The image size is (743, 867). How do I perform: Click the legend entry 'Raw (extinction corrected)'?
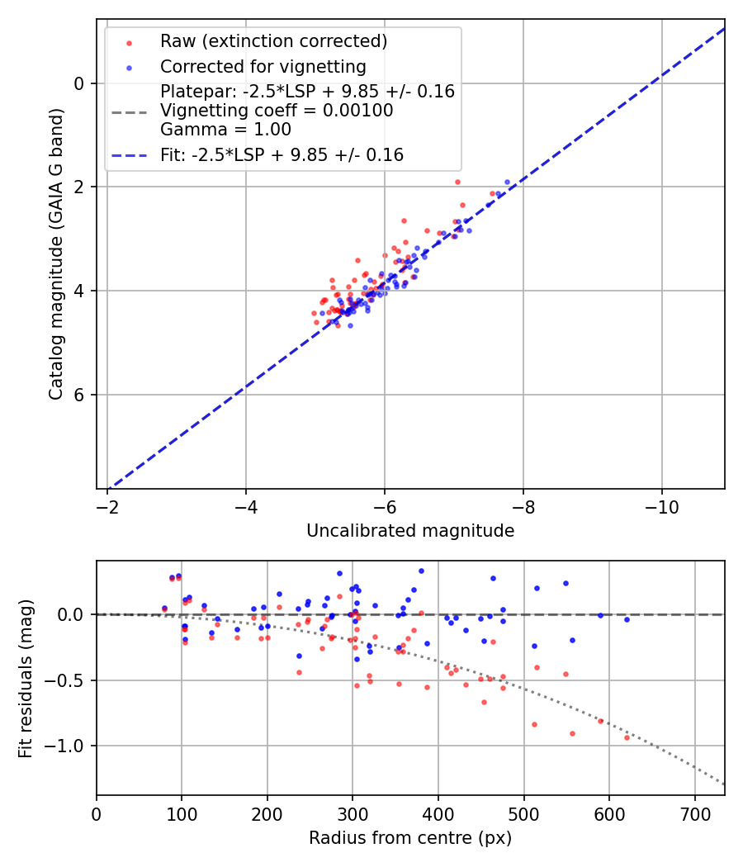point(273,41)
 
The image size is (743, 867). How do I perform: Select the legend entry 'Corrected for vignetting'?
point(263,67)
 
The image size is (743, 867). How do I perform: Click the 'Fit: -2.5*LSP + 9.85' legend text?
point(282,155)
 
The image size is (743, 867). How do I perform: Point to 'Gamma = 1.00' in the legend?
point(225,130)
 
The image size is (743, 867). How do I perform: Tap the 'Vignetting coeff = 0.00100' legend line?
point(277,111)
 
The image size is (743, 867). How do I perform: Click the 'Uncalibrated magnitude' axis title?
point(410,531)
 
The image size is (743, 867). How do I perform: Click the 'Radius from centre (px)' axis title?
point(410,838)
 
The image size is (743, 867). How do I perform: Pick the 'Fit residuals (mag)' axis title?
point(26,678)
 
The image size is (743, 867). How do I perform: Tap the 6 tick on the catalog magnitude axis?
point(79,395)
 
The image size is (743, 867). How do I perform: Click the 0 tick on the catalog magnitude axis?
point(79,83)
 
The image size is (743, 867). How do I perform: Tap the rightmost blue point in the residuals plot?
point(627,619)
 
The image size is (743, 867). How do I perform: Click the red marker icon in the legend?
point(129,42)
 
